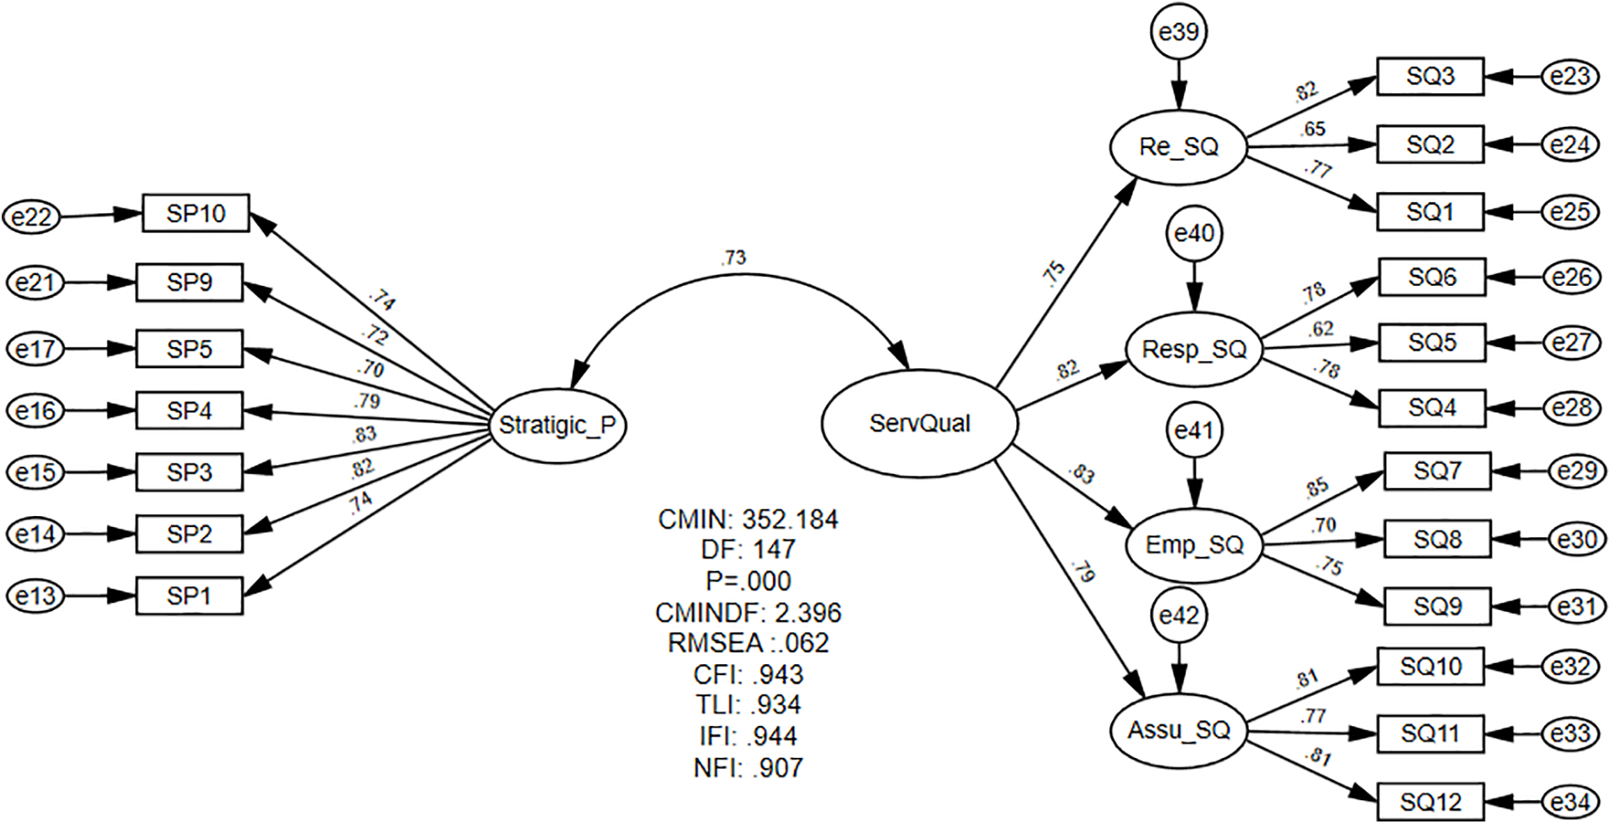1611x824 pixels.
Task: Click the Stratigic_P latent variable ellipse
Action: coord(557,425)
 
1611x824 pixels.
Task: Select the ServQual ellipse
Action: coord(919,423)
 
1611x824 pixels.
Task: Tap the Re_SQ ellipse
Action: coord(1178,147)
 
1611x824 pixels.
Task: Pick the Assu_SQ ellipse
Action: coord(1178,730)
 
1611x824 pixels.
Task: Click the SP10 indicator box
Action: coord(195,213)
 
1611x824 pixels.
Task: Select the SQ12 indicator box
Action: coord(1430,801)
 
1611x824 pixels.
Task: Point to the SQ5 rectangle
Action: coord(1432,343)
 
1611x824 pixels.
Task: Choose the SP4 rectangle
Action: coord(189,411)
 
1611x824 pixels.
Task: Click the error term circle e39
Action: coord(1178,32)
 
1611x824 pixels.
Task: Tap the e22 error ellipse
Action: coord(32,217)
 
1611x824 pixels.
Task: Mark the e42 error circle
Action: coord(1179,616)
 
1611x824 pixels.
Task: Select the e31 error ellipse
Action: coord(1577,607)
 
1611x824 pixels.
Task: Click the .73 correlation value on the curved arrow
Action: coord(733,258)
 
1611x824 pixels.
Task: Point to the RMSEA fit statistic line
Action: coord(748,643)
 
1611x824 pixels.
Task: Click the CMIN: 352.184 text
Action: coord(748,519)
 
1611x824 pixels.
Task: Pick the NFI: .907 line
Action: coord(748,767)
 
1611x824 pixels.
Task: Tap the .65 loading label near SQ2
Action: coord(1313,129)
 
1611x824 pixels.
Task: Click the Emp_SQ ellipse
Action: coord(1194,545)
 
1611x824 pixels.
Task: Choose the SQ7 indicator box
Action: coord(1437,470)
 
